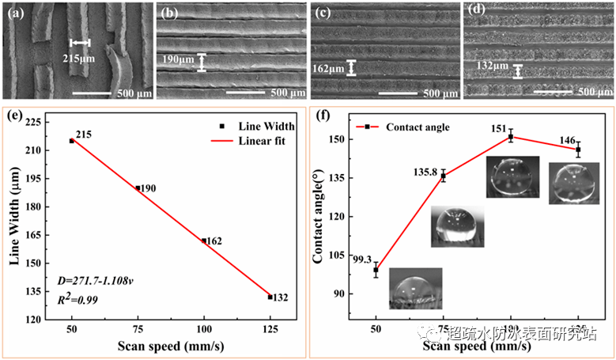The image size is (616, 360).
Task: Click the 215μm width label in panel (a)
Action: point(76,58)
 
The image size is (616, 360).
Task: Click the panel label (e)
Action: point(13,116)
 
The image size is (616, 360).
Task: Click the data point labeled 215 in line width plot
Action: point(72,141)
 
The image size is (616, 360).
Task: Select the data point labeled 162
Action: point(204,241)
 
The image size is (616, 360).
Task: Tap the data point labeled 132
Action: point(270,297)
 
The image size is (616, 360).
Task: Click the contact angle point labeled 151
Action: point(511,137)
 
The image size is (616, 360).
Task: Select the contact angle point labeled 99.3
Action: point(376,270)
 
